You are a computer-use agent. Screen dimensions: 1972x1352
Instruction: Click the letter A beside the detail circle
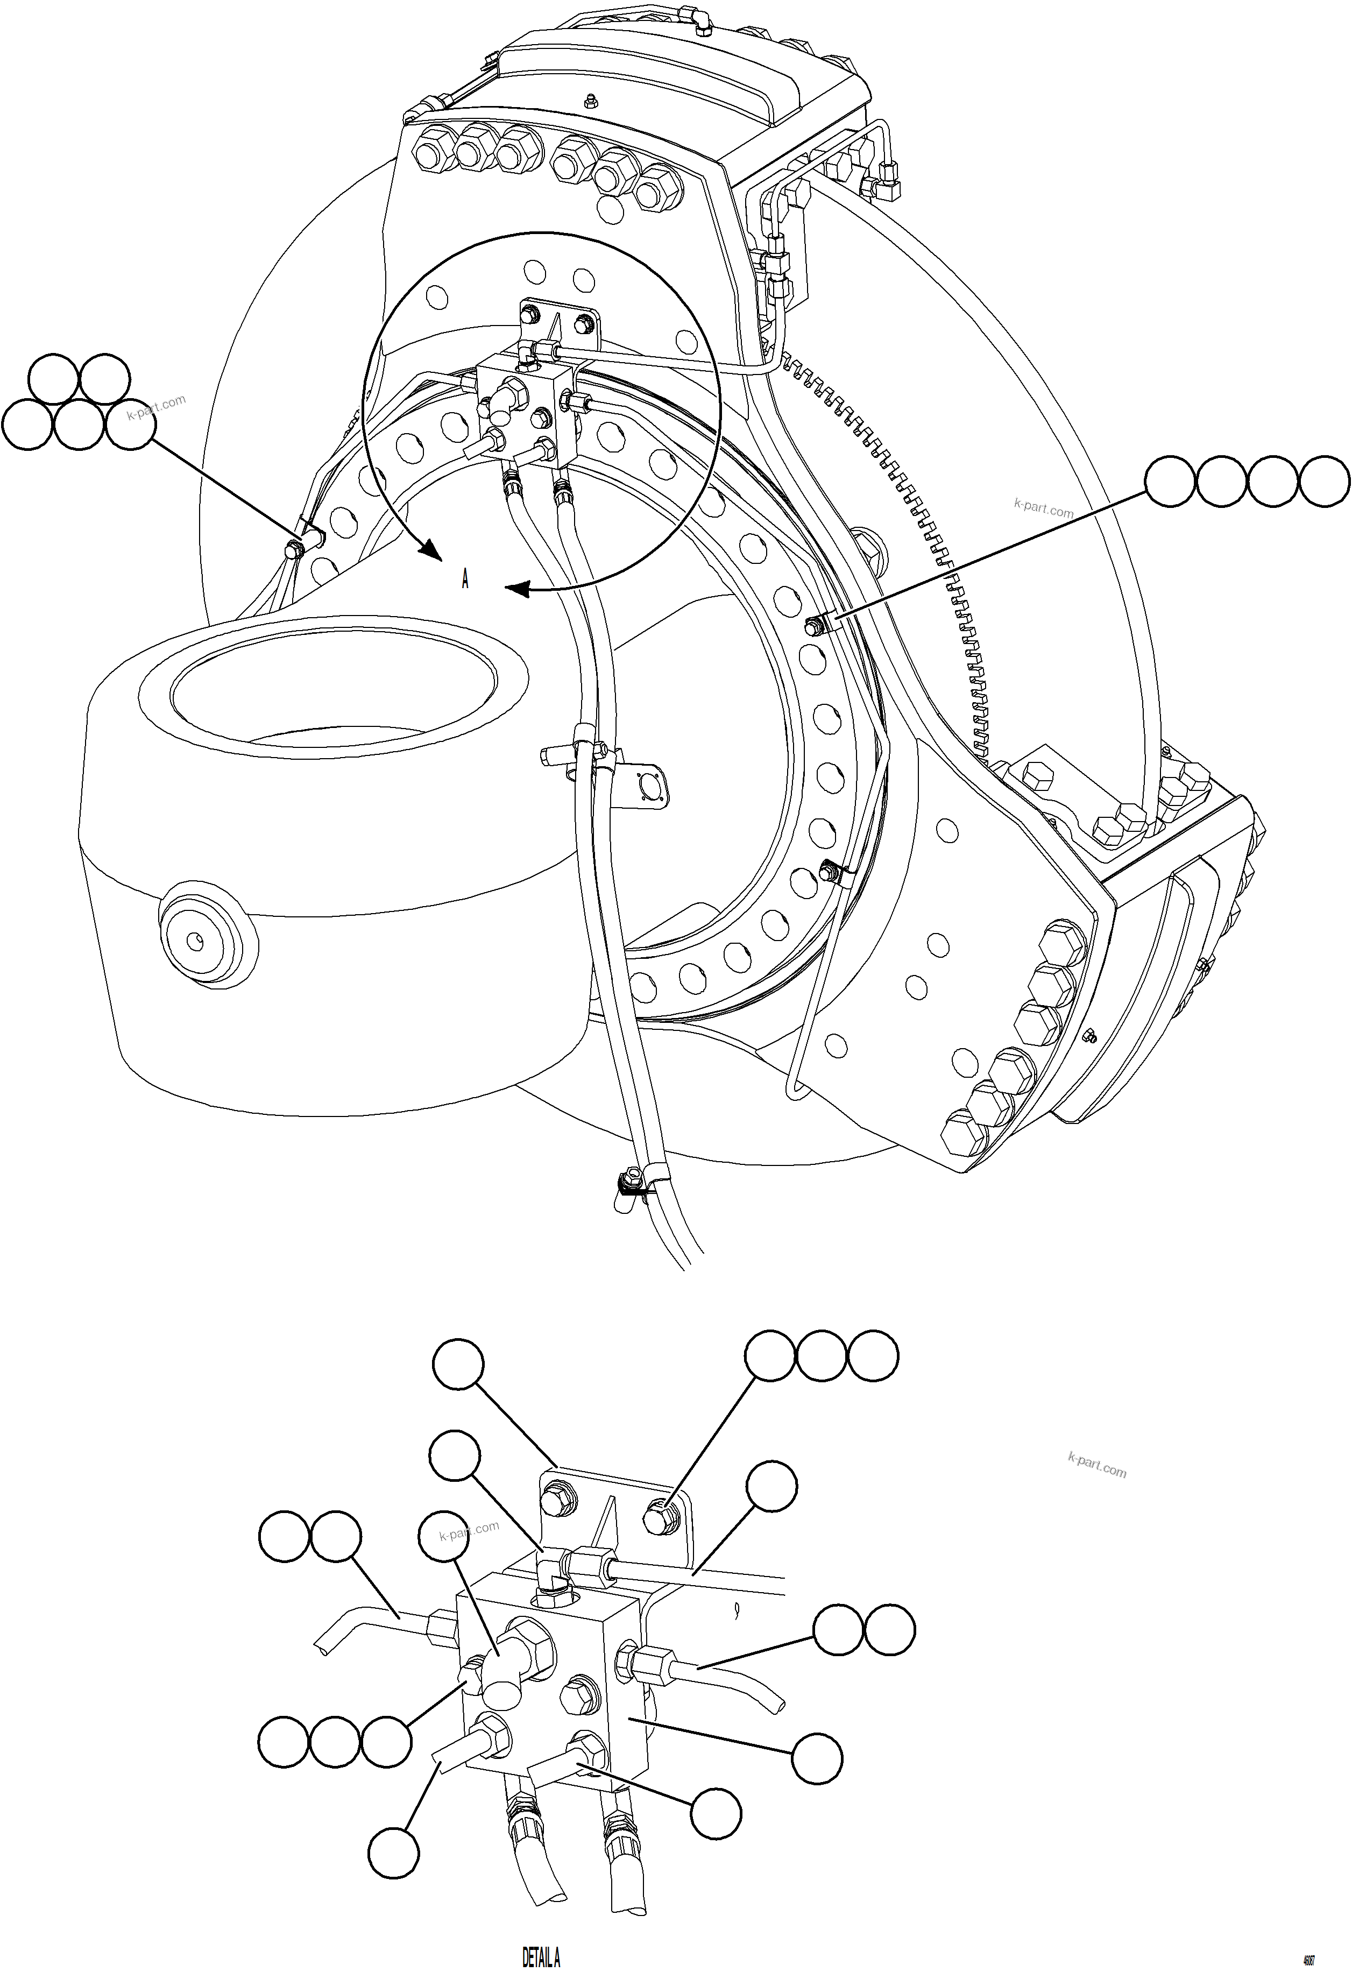465,581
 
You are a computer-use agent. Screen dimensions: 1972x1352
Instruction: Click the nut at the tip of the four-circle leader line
814,626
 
